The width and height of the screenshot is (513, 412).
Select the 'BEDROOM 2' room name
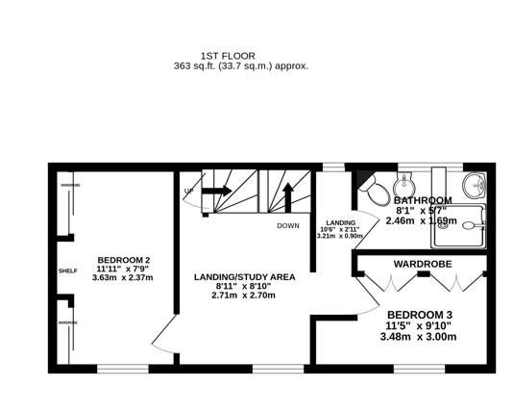click(x=122, y=258)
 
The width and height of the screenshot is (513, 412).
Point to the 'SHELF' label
click(x=66, y=270)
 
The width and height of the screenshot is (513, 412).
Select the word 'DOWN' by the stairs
click(x=287, y=226)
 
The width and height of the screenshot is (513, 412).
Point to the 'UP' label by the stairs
click(x=188, y=191)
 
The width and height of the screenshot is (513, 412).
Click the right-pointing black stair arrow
click(x=214, y=191)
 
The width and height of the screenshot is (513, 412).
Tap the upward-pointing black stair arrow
click(x=287, y=197)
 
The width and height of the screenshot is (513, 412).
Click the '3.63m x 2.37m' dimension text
click(x=122, y=277)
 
